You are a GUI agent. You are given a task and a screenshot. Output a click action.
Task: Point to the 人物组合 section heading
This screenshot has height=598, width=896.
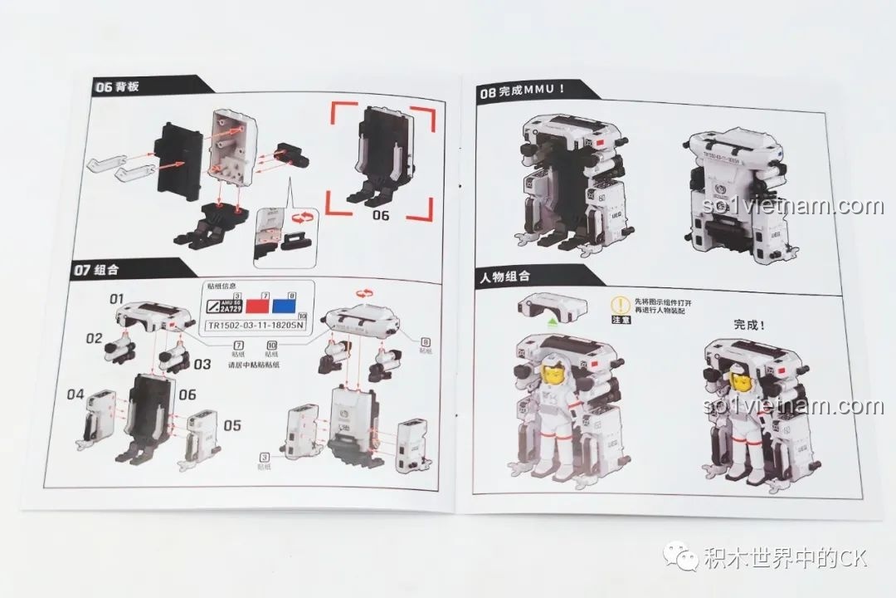click(x=504, y=276)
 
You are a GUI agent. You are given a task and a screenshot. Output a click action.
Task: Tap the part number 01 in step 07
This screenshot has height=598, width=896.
click(x=116, y=297)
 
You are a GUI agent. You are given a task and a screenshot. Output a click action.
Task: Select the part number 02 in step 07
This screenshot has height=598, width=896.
click(x=93, y=339)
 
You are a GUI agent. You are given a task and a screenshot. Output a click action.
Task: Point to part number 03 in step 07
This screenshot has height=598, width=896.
click(x=203, y=363)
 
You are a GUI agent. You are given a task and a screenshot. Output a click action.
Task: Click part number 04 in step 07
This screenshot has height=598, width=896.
click(x=75, y=394)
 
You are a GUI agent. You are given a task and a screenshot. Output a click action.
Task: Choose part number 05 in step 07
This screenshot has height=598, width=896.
click(x=232, y=425)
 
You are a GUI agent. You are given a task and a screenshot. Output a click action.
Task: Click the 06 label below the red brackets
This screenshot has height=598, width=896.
click(x=380, y=215)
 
